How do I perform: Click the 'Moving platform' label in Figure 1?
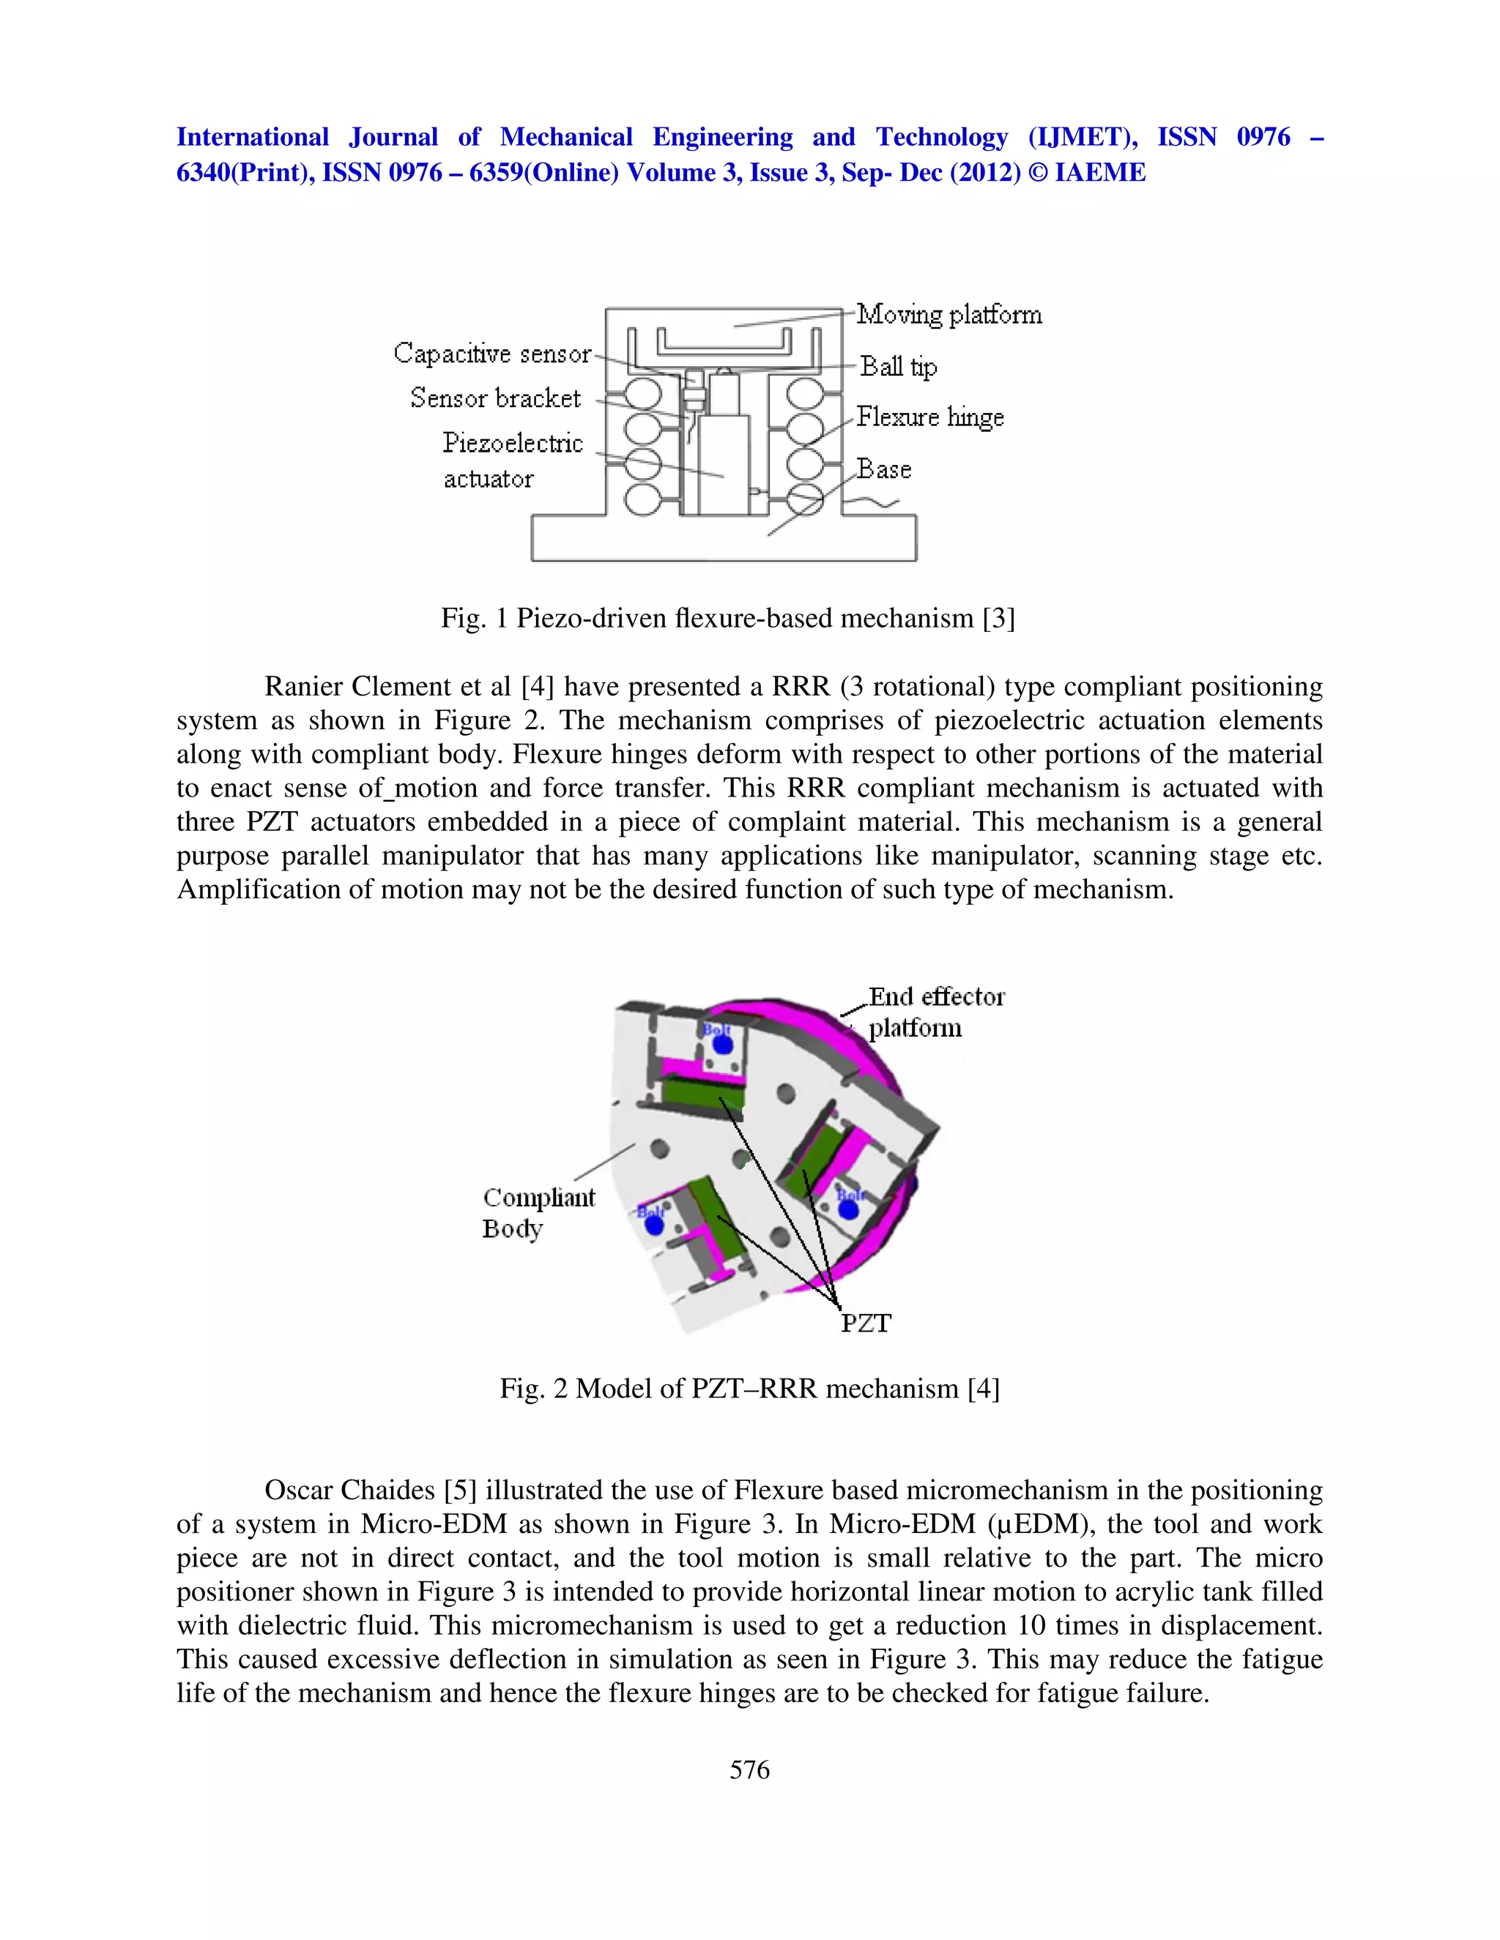[x=948, y=315]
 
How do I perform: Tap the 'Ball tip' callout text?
[x=897, y=366]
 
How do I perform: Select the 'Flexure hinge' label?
[x=929, y=417]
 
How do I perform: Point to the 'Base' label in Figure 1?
[x=883, y=469]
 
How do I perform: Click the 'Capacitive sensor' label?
[x=491, y=354]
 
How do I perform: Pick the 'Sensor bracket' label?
[x=495, y=398]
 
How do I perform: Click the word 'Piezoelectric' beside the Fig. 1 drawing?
[x=513, y=442]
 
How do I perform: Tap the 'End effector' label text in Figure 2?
[x=936, y=996]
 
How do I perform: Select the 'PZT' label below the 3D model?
[x=865, y=1324]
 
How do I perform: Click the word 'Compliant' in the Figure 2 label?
[x=538, y=1198]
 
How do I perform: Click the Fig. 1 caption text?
[x=727, y=617]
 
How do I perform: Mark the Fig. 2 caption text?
[x=749, y=1387]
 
